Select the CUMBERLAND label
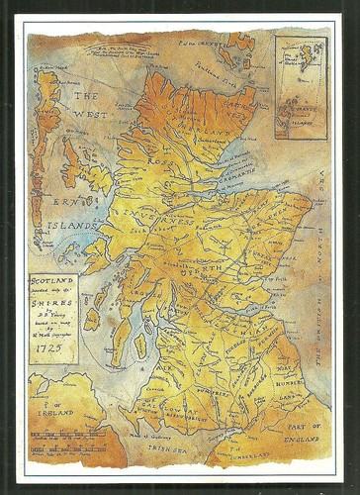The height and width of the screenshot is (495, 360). click(267, 457)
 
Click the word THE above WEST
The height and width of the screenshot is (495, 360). click(87, 96)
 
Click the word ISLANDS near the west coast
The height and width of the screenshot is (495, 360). click(69, 226)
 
